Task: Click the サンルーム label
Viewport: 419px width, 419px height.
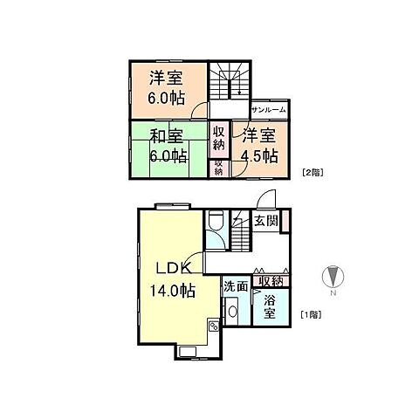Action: tap(269, 110)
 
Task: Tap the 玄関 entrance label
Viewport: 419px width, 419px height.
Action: tap(266, 221)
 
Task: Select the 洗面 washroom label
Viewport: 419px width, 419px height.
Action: tap(236, 286)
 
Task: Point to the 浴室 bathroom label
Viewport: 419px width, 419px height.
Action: tap(270, 306)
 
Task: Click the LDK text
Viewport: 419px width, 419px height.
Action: tap(174, 268)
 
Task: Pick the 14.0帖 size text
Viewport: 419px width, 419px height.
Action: tap(172, 290)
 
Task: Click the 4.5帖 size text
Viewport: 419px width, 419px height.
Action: tap(259, 156)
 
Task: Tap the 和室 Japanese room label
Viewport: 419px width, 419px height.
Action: tap(167, 136)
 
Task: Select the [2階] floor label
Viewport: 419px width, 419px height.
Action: tap(313, 173)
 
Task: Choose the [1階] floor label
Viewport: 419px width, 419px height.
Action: tap(311, 314)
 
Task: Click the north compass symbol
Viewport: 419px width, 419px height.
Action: tap(333, 276)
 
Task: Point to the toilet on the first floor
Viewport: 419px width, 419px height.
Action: tap(216, 220)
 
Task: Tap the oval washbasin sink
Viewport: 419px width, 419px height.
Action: tap(232, 312)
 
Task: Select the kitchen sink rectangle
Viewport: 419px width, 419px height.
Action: tap(188, 352)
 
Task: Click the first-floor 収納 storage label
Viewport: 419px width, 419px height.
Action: tap(271, 281)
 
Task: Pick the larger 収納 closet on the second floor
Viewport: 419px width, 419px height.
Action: tap(219, 140)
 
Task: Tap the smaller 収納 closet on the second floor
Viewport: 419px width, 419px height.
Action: tap(218, 168)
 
